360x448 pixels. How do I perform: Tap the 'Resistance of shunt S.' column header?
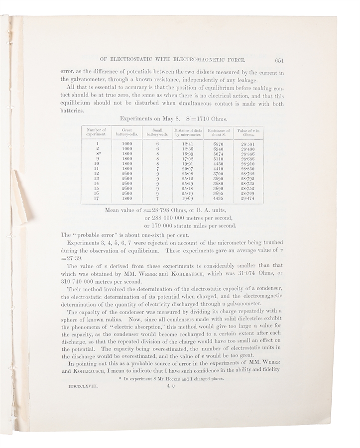pos(220,132)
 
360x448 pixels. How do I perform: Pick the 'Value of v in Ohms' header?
pos(248,132)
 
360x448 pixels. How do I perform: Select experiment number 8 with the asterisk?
pos(100,154)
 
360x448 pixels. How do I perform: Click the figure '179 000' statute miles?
pos(155,225)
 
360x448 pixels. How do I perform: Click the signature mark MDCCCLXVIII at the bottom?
pos(84,385)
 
